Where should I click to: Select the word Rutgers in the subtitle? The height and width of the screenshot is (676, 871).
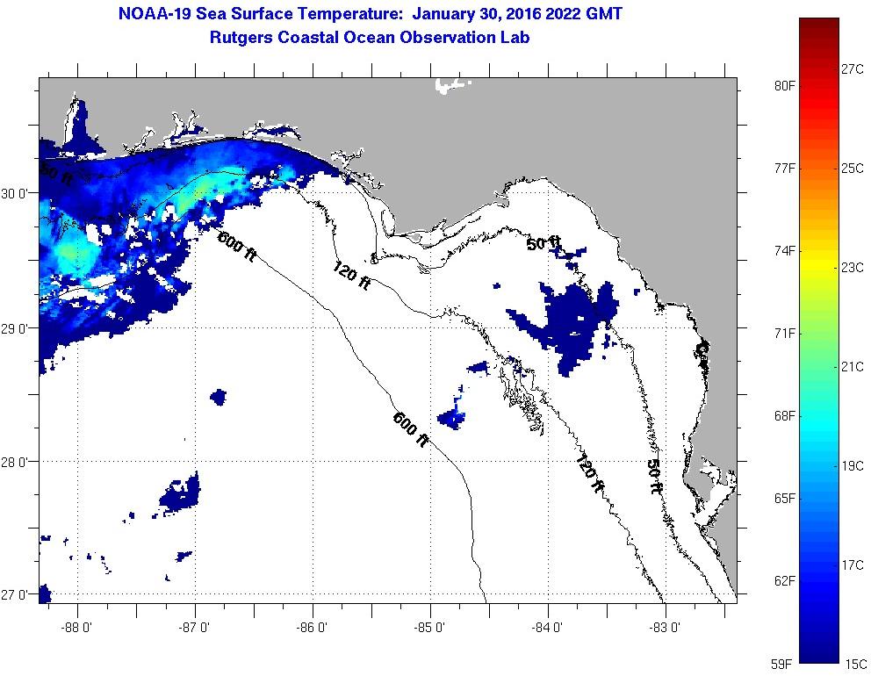coord(241,37)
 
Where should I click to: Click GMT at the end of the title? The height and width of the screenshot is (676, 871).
coord(606,15)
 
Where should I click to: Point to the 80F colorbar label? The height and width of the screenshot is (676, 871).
coord(784,85)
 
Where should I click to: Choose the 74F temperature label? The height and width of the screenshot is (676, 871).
coord(784,250)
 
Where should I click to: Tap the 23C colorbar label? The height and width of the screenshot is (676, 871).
coord(853,267)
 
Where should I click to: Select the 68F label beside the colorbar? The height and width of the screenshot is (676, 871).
coord(784,415)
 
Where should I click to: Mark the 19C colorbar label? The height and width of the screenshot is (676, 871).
coord(853,465)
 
